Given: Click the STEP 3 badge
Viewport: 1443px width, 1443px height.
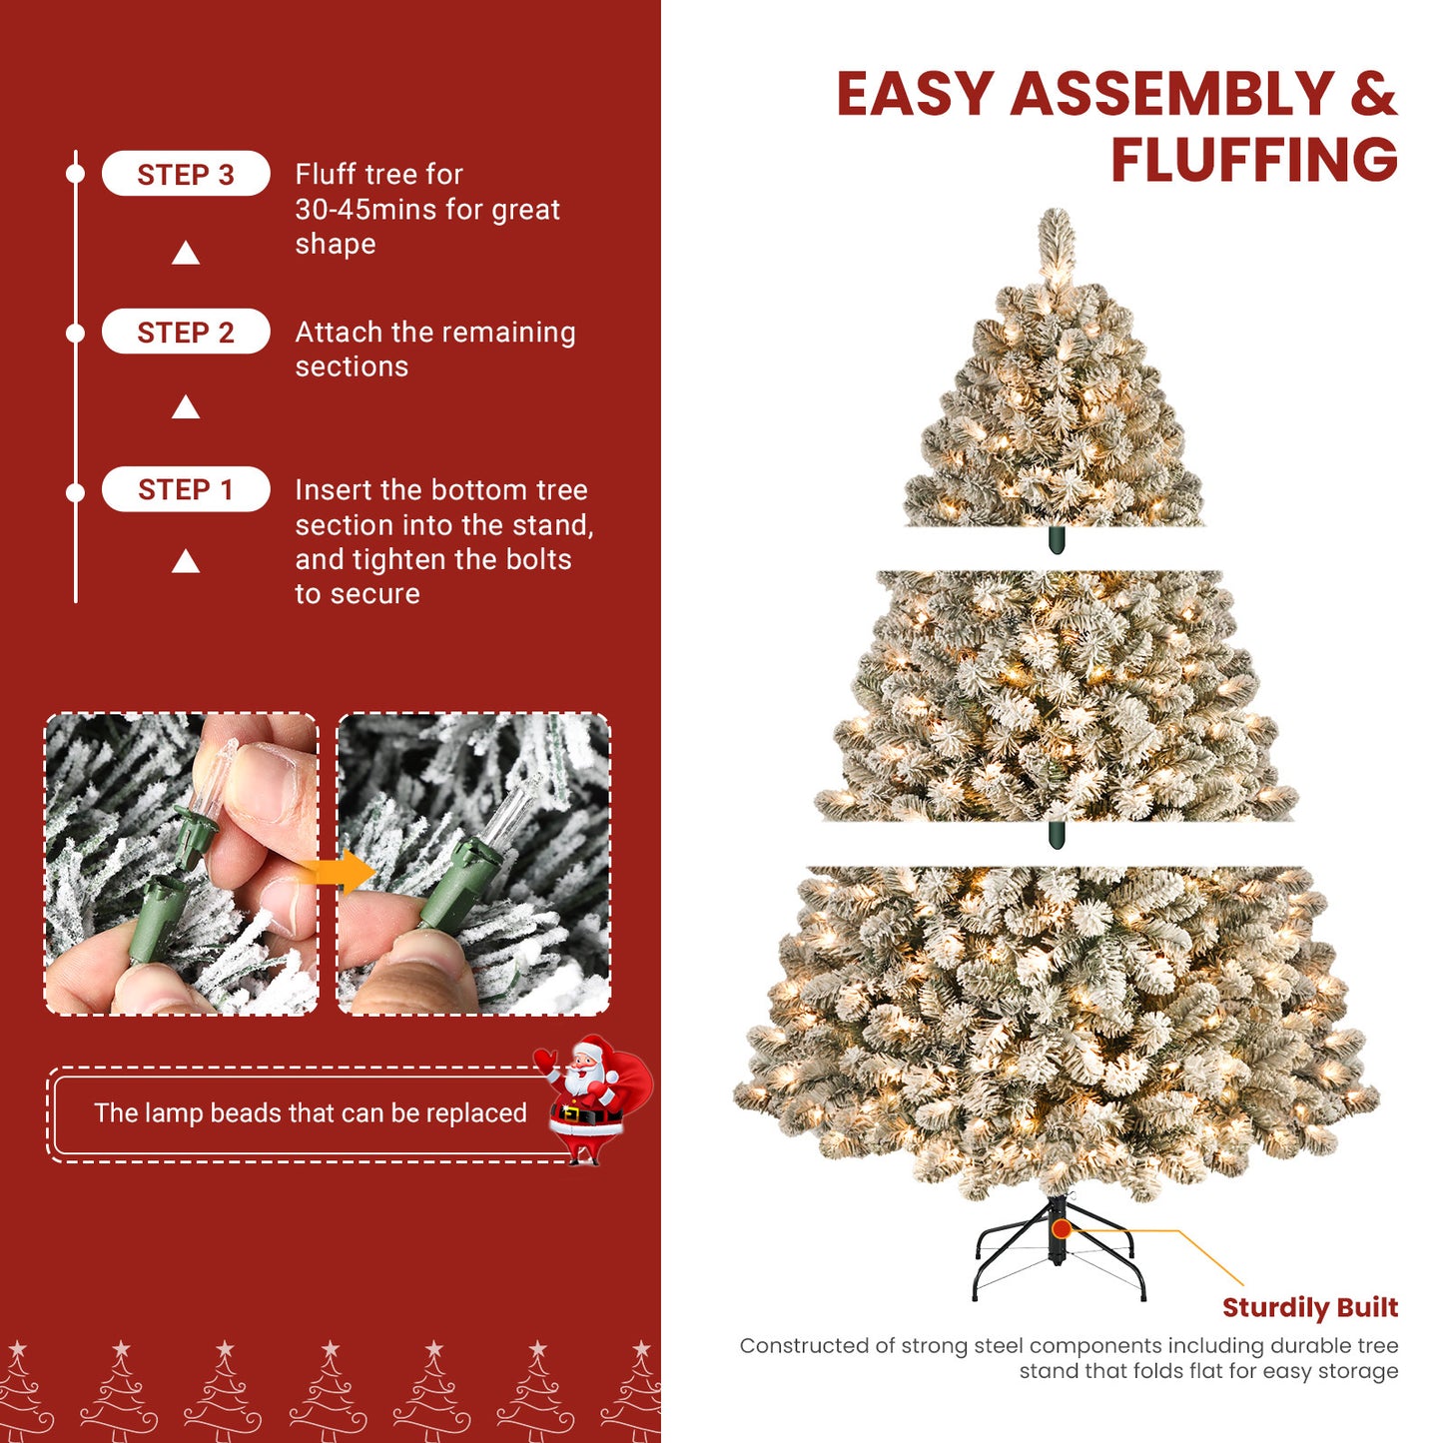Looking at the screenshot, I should [186, 174].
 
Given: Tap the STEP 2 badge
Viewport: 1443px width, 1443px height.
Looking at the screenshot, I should [186, 332].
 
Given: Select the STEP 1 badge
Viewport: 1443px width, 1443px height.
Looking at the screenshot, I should [186, 489].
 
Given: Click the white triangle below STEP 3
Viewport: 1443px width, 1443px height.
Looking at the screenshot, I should [186, 254].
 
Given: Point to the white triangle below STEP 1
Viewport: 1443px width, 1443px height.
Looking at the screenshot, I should [186, 562].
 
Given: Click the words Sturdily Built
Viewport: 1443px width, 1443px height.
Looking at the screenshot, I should [1309, 1307].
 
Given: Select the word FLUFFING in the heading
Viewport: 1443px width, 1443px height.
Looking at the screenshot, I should [1253, 160].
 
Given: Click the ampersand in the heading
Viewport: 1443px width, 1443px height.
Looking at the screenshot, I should [1373, 94].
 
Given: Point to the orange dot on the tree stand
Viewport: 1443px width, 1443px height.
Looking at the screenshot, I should [1061, 1229].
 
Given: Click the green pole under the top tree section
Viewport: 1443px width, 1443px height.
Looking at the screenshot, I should [1057, 540].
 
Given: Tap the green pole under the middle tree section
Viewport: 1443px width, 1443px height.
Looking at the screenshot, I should [1057, 835].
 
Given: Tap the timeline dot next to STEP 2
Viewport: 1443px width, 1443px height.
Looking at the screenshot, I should [75, 333].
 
